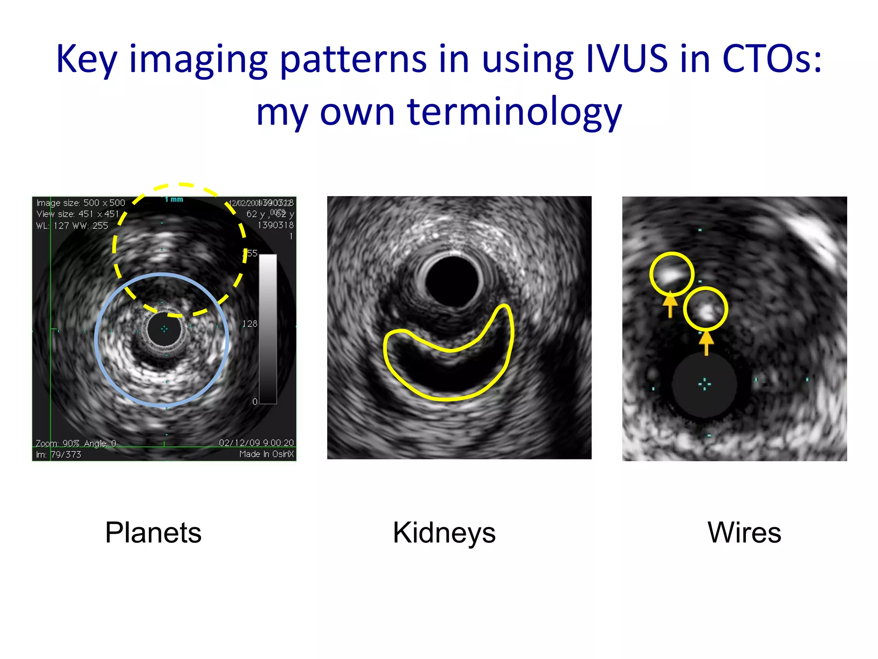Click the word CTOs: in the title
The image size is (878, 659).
pyautogui.click(x=772, y=59)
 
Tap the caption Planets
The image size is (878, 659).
pyautogui.click(x=153, y=533)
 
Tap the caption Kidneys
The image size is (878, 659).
pyautogui.click(x=444, y=533)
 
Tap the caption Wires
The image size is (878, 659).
pyautogui.click(x=744, y=533)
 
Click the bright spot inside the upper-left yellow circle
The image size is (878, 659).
pyautogui.click(x=670, y=273)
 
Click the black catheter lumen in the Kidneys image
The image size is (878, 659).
pyautogui.click(x=452, y=281)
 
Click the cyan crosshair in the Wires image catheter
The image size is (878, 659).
pyautogui.click(x=704, y=384)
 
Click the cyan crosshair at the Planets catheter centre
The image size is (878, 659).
pyautogui.click(x=164, y=329)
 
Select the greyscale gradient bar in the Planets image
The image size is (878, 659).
pyautogui.click(x=268, y=329)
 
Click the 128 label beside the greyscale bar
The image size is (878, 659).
pyautogui.click(x=250, y=324)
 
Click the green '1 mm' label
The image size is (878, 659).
pyautogui.click(x=174, y=200)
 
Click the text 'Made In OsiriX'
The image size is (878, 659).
pyautogui.click(x=267, y=454)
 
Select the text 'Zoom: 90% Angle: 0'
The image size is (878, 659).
pyautogui.click(x=76, y=443)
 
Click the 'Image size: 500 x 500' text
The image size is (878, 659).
pyautogui.click(x=81, y=203)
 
